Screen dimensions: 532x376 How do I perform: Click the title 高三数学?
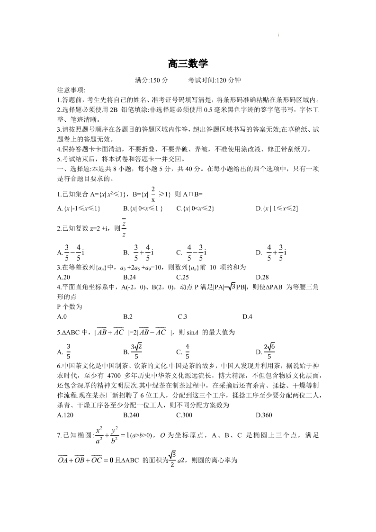188,63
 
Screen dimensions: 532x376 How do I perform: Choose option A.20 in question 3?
63,277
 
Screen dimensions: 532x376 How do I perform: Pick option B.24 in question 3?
129,277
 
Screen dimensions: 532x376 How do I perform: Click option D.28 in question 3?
262,277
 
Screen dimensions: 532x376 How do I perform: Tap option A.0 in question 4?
62,316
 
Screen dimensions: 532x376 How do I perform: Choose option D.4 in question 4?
247,316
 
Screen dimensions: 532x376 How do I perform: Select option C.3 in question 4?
183,316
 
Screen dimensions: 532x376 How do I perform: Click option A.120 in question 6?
65,415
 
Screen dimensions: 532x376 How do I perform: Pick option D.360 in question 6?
264,415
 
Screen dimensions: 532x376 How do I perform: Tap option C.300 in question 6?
184,415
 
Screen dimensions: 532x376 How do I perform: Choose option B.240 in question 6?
131,415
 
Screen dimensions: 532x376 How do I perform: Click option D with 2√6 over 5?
266,351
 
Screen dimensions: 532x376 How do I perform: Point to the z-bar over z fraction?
124,228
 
